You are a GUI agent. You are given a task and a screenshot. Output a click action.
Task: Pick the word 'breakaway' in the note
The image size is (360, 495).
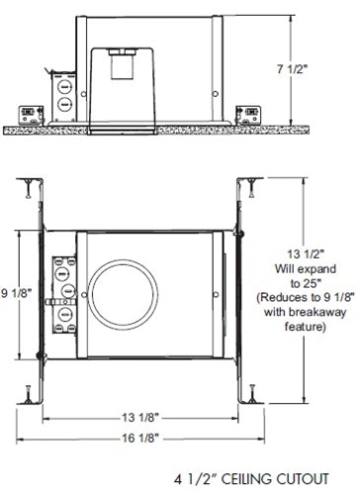[309, 312]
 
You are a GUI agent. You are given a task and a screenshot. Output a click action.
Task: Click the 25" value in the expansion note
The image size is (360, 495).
[308, 280]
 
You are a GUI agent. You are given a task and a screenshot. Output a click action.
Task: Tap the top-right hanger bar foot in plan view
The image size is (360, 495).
[254, 186]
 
